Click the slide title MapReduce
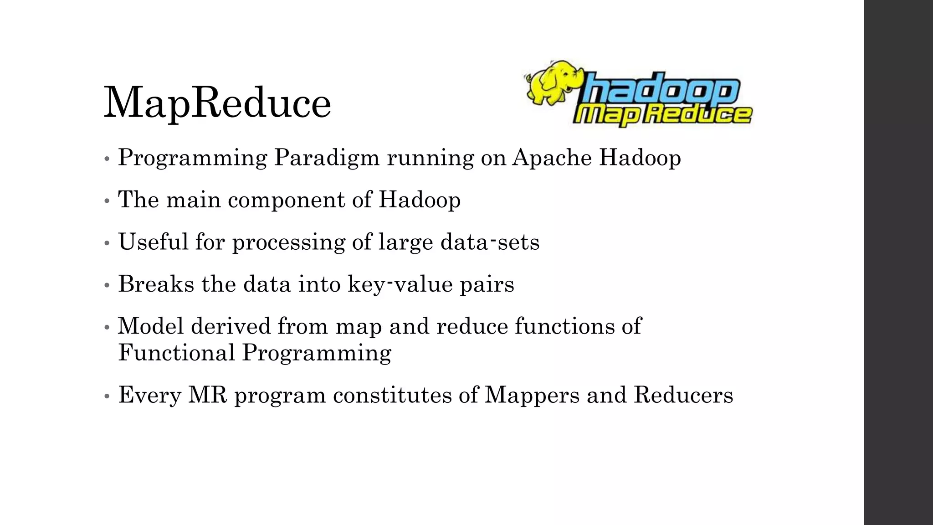(217, 103)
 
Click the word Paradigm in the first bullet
(326, 158)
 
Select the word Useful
(153, 242)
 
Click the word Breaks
(156, 284)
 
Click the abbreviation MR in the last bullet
(207, 395)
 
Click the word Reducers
(683, 395)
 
